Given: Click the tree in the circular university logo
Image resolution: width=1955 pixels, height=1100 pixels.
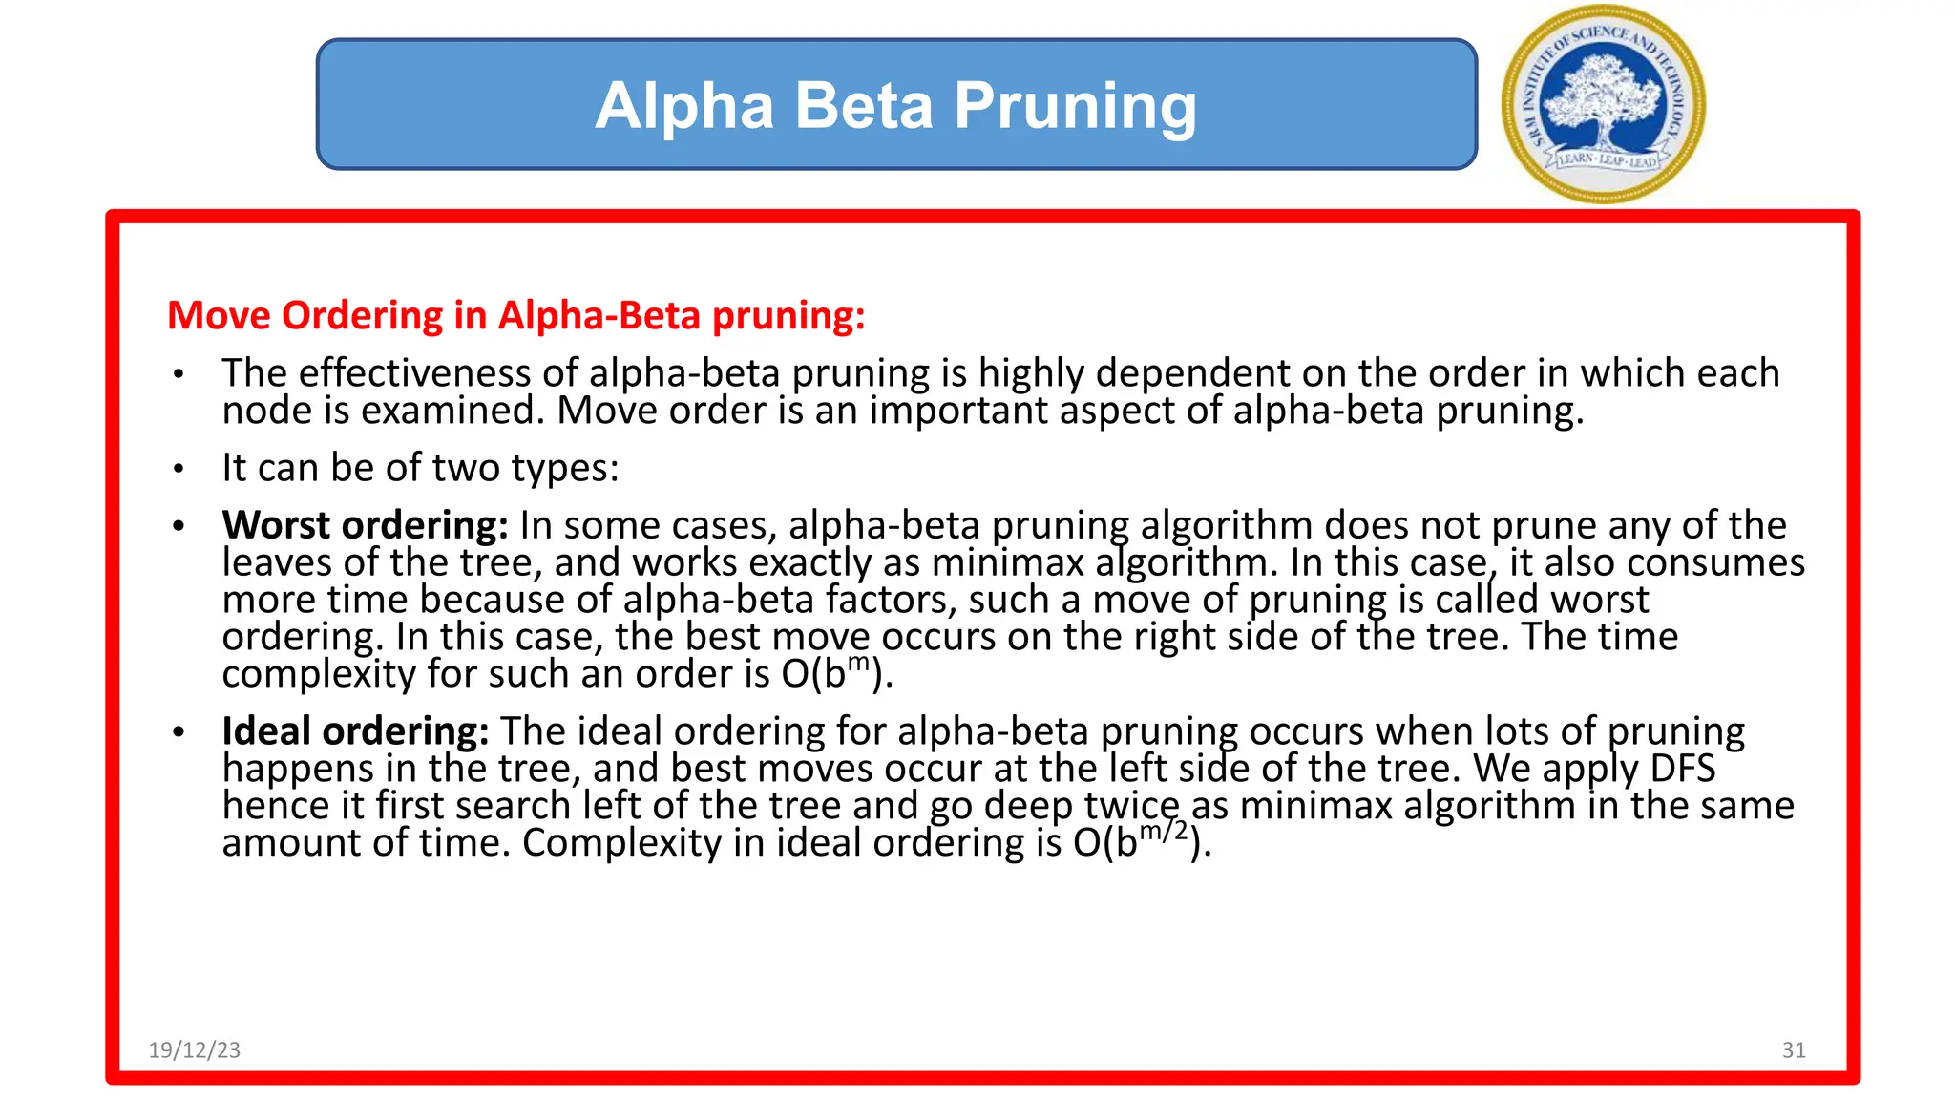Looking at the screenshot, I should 1603,95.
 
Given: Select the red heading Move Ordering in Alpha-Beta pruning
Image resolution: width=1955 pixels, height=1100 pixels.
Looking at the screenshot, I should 515,315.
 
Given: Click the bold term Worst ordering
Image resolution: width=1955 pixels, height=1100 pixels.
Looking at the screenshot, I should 365,525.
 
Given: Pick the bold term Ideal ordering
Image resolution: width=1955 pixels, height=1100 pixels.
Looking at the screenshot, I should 355,731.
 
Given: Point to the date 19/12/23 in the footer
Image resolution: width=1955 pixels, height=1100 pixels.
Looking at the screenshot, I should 195,1050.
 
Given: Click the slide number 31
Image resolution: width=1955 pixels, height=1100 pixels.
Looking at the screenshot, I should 1794,1050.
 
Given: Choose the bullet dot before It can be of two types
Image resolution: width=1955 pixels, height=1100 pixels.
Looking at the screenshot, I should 179,469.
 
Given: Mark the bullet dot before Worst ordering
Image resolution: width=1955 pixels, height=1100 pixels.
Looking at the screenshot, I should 179,526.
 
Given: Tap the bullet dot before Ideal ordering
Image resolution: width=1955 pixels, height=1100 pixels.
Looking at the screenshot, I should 179,732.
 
